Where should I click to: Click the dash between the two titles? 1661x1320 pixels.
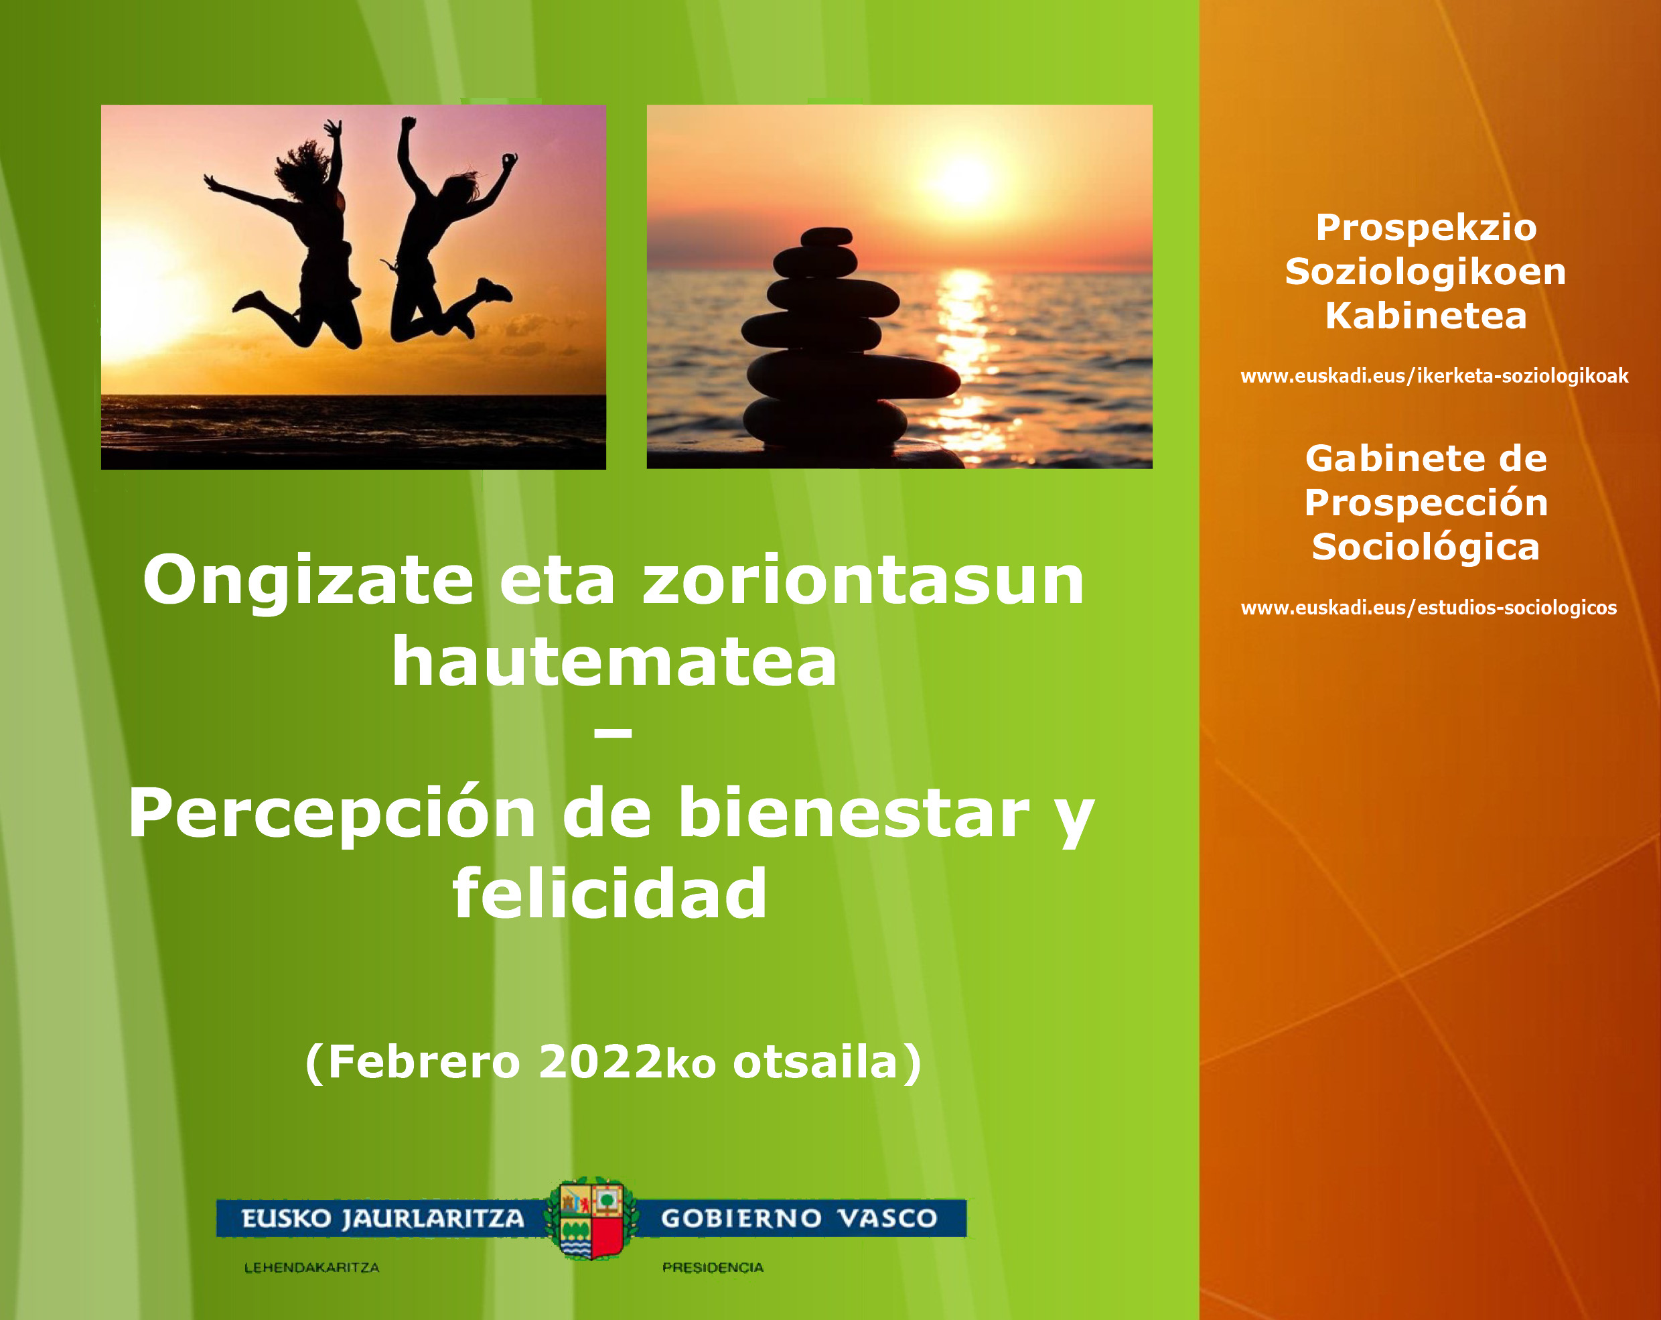coord(613,734)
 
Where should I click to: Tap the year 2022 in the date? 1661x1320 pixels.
coord(600,1062)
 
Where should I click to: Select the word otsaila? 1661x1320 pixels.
coord(815,1062)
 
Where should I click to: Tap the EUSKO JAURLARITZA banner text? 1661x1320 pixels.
coord(382,1218)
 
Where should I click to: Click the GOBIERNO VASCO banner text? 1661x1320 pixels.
coord(799,1218)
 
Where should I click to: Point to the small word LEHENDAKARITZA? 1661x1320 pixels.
coord(311,1268)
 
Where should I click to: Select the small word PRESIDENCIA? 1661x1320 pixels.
coord(713,1268)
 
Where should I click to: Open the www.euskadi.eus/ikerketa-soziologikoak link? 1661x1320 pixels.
coord(1435,376)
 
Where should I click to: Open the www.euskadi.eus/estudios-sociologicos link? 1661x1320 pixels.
coord(1429,608)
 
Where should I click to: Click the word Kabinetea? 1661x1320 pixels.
coord(1426,316)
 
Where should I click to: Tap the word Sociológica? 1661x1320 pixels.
coord(1426,548)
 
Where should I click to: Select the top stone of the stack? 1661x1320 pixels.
coord(825,237)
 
